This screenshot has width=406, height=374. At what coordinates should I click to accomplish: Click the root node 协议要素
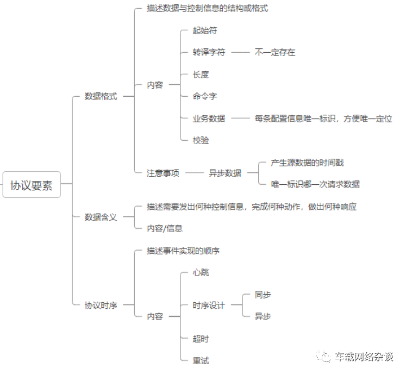click(32, 185)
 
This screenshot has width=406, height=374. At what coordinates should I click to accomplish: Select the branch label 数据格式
click(101, 97)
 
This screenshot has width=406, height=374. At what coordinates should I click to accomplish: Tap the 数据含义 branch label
click(101, 217)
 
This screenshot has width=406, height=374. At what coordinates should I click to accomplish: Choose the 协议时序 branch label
click(101, 305)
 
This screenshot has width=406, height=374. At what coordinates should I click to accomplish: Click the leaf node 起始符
click(205, 30)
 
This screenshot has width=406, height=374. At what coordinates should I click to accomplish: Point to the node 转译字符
click(209, 52)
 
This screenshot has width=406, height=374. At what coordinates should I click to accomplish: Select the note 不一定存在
click(274, 52)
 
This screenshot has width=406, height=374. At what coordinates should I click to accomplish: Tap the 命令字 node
click(205, 96)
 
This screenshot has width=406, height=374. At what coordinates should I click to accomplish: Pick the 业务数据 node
click(209, 118)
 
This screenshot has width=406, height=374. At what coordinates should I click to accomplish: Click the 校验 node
click(201, 140)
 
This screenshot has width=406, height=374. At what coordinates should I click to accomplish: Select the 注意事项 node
click(163, 173)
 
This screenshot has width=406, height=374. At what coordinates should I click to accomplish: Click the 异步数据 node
click(225, 173)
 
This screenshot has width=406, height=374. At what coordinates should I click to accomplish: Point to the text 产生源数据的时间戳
click(307, 163)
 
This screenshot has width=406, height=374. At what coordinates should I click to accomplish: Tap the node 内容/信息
click(165, 228)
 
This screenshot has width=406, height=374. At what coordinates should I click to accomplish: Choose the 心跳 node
click(201, 272)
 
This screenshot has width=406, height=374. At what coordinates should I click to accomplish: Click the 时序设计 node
click(209, 305)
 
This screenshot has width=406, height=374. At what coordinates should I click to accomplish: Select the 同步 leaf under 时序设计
click(263, 295)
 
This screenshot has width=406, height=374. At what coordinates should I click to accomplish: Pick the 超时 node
click(201, 339)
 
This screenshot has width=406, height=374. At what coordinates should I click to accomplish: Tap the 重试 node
click(201, 360)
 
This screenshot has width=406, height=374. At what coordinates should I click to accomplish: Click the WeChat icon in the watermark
click(324, 356)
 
